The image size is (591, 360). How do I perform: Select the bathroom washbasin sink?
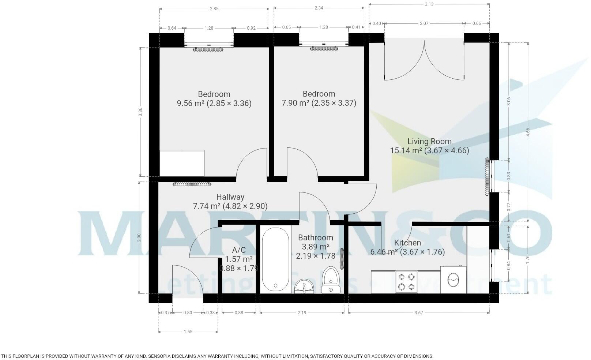pyautogui.click(x=304, y=285)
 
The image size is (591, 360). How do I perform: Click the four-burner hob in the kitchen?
pyautogui.click(x=407, y=281)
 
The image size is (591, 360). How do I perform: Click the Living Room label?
pyautogui.click(x=429, y=141)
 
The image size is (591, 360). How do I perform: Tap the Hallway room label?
pyautogui.click(x=230, y=197)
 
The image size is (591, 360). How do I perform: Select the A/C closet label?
pyautogui.click(x=239, y=250)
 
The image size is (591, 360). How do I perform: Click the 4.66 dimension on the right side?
pyautogui.click(x=528, y=132)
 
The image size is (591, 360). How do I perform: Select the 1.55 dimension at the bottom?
pyautogui.click(x=188, y=332)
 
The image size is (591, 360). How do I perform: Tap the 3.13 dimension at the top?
pyautogui.click(x=429, y=4)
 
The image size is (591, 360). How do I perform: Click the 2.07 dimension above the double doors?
pyautogui.click(x=424, y=23)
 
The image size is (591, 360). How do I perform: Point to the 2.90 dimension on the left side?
pyautogui.click(x=139, y=238)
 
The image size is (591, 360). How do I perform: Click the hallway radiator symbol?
pyautogui.click(x=192, y=184)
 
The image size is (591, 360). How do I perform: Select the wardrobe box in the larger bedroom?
pyautogui.click(x=182, y=163)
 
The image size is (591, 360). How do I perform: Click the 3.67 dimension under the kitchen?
pyautogui.click(x=418, y=312)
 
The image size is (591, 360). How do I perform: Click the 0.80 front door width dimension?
pyautogui.click(x=187, y=313)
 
